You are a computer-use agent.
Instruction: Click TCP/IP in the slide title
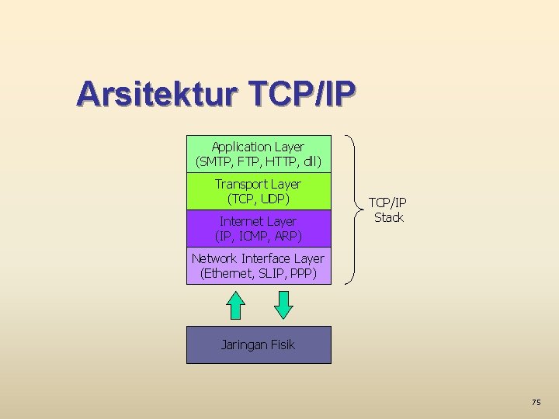coord(303,95)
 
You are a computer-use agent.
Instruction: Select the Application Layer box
coord(258,154)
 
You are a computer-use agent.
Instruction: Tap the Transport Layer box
coord(258,192)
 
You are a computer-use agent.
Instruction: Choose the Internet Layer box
coord(258,228)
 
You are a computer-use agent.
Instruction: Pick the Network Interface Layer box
coord(258,265)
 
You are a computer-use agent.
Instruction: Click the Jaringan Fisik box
coord(258,345)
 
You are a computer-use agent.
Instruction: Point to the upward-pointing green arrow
coord(235,304)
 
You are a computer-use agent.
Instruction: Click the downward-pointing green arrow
coord(284,304)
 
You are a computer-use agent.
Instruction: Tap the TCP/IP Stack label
coord(388,209)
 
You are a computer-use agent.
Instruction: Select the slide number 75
coord(536,402)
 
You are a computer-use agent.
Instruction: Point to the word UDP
coord(275,199)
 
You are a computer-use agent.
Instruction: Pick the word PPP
coord(301,273)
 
